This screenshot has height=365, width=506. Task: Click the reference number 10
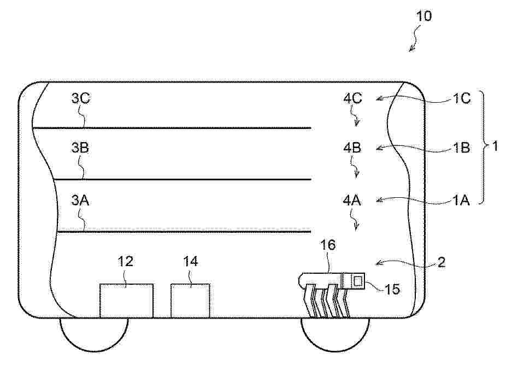pos(423,16)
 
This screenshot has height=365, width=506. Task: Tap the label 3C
pos(81,98)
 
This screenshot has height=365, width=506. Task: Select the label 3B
pos(80,148)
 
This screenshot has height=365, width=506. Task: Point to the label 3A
pos(80,200)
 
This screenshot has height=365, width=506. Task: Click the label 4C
pos(352,98)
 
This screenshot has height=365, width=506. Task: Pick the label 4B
pos(352,148)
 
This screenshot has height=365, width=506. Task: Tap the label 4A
pos(352,200)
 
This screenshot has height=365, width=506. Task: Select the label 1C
pos(462,98)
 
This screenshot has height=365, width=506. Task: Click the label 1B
pos(461,148)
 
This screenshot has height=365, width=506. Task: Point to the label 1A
pos(461,201)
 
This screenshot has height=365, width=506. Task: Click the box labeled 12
pos(126,301)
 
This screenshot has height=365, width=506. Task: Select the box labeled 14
pos(190,301)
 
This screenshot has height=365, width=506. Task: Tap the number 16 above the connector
pos(327,245)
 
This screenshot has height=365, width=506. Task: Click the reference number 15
pos(392,289)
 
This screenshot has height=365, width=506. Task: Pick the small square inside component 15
pos(357,281)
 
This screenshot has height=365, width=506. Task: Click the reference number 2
pos(441,262)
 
